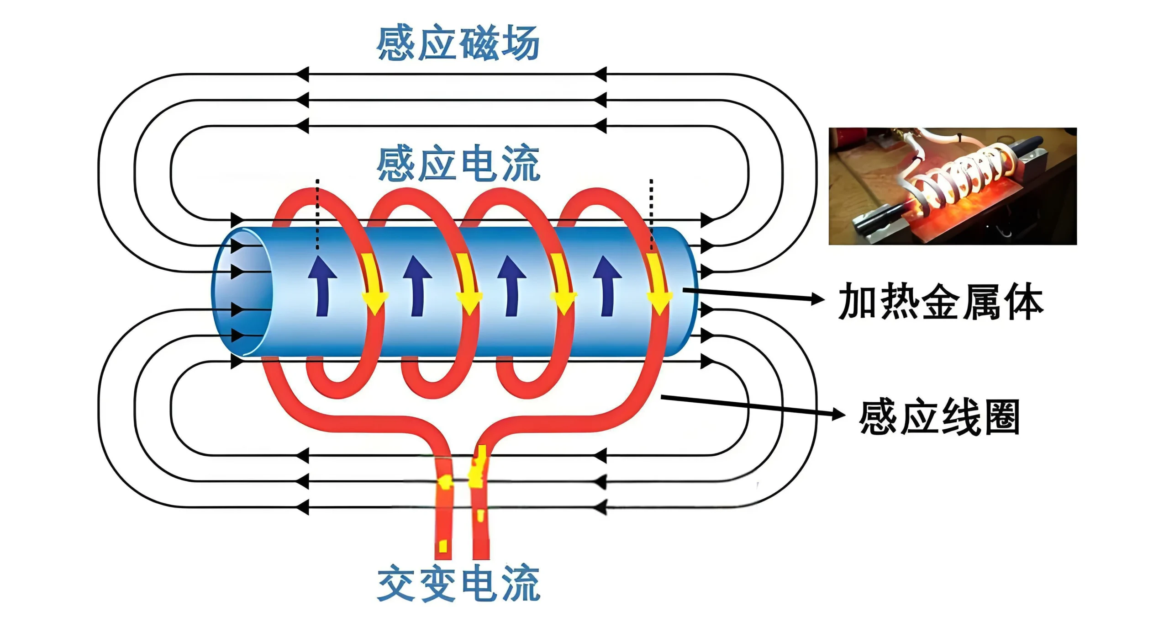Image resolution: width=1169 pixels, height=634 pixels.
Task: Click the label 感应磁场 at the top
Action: coord(458,43)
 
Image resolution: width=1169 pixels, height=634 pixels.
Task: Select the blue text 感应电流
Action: coord(458,164)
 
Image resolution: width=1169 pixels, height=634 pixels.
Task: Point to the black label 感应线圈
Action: coord(939,417)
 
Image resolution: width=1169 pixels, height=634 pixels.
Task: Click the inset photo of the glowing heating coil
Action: coord(953,186)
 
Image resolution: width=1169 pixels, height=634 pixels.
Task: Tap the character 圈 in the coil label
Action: coord(1002,417)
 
